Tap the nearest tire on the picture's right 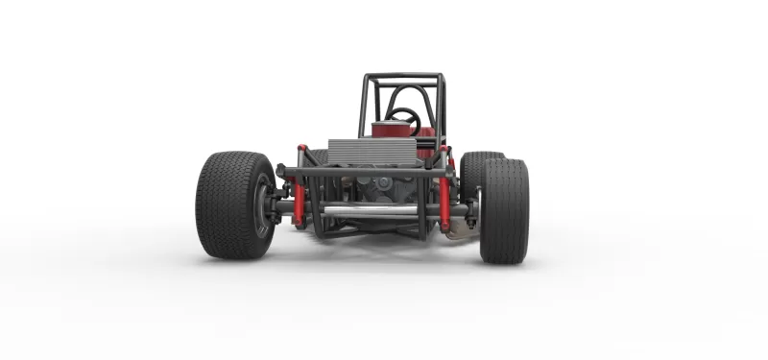(504, 211)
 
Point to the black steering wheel (403, 118)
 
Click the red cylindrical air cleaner (386, 130)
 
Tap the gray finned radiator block (372, 152)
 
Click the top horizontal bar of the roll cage (402, 76)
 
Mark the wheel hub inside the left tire (263, 207)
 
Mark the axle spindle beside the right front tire (471, 209)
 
